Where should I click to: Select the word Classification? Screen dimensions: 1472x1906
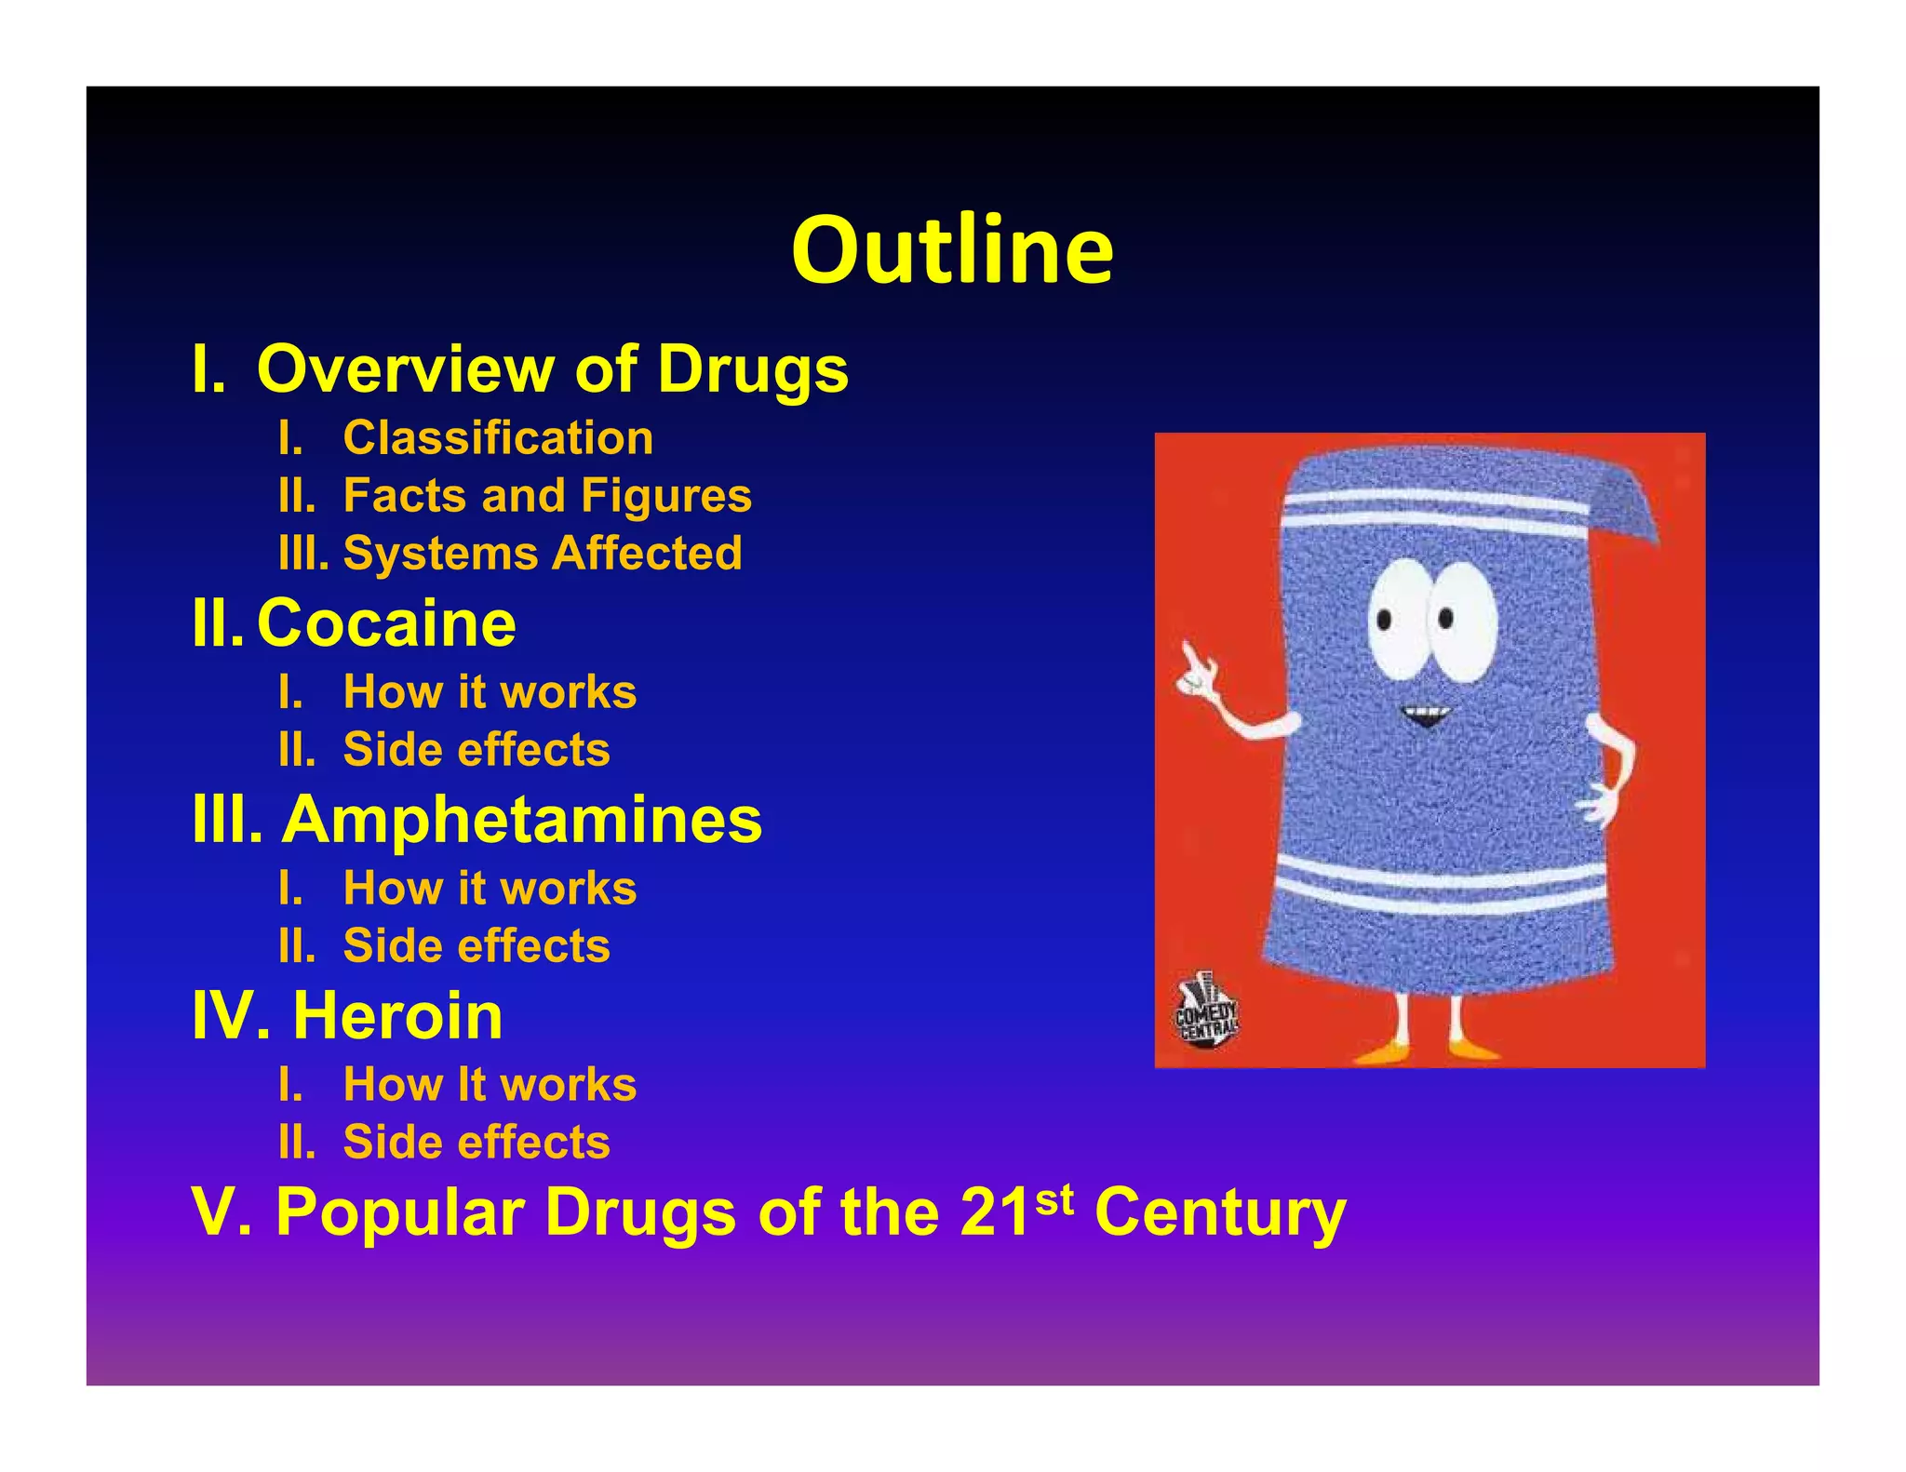coord(498,437)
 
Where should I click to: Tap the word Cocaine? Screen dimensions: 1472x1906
coord(386,622)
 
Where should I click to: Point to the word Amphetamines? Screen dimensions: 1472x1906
coord(522,820)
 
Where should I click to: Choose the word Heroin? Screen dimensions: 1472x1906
coord(397,1015)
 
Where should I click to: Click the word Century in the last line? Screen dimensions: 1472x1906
coord(1220,1212)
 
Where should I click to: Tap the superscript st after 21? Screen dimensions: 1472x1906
coord(1054,1199)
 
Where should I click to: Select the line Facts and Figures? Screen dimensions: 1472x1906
coord(547,495)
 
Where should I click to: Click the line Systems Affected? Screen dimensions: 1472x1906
coord(543,553)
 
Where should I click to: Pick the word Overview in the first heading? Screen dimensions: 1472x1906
coord(405,368)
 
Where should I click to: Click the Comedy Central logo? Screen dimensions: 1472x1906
coord(1206,1012)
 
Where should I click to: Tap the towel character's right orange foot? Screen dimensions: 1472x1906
coord(1475,1049)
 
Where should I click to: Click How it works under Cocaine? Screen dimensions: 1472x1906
coord(490,691)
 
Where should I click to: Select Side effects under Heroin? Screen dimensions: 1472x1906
coord(476,1142)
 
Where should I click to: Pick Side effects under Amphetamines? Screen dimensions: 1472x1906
coord(476,945)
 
